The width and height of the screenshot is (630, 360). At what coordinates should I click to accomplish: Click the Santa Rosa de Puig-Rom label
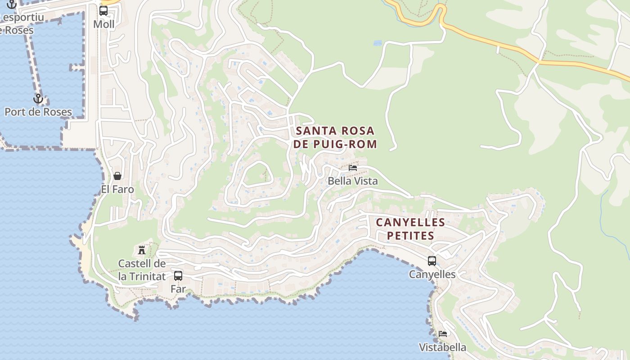[x=336, y=137]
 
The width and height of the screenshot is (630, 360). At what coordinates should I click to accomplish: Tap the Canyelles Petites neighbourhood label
[x=410, y=229]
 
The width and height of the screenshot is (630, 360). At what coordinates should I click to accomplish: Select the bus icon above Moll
[x=103, y=11]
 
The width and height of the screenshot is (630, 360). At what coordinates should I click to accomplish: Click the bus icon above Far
[x=178, y=275]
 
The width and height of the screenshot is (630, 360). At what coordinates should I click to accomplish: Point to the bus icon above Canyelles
[x=432, y=261]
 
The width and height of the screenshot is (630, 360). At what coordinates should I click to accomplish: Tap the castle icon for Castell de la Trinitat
[x=142, y=250]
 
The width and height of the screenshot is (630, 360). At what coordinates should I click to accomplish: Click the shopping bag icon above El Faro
[x=117, y=175]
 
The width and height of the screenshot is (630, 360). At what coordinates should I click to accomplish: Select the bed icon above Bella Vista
[x=353, y=167]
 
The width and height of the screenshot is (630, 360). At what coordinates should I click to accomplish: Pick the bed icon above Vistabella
[x=443, y=334]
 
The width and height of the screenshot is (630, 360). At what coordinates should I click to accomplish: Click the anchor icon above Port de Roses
[x=38, y=98]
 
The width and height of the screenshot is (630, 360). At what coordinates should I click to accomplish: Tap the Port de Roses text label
[x=38, y=112]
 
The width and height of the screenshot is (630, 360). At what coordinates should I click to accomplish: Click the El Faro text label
[x=117, y=189]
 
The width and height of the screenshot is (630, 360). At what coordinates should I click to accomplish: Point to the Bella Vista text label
[x=353, y=181]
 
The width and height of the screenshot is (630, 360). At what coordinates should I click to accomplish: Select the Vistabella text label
[x=442, y=347]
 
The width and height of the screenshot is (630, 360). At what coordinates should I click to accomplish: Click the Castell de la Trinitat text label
[x=142, y=270]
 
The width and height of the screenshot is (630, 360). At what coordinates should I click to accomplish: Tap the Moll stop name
[x=104, y=24]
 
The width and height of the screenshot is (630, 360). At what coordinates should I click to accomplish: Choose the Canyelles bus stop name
[x=432, y=274]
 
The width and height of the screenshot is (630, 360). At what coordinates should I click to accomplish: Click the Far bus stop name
[x=178, y=289]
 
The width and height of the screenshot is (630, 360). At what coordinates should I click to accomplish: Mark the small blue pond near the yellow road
[x=378, y=43]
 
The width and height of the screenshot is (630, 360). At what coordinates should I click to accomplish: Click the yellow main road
[x=495, y=43]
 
